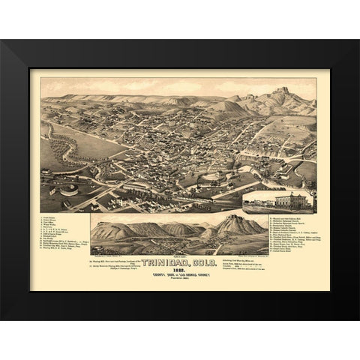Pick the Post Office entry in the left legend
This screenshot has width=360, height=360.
pos(49,224)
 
